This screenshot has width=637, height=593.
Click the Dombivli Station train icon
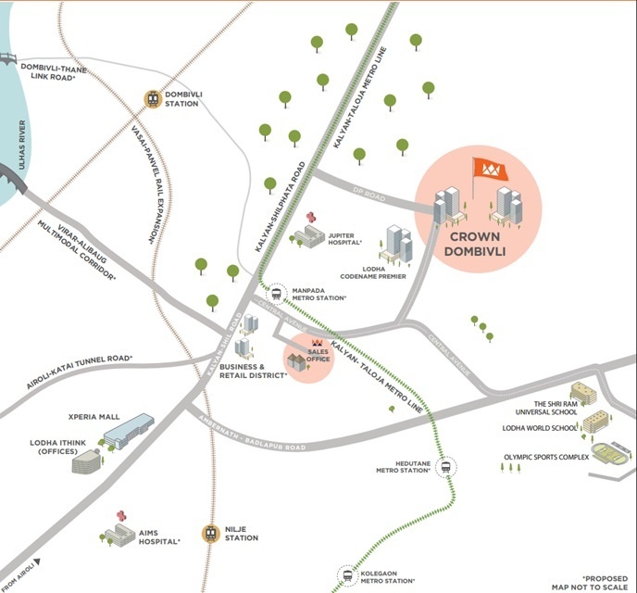tap(151, 97)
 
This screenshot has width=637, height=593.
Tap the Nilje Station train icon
tap(212, 534)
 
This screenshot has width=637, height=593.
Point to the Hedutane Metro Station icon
tap(447, 468)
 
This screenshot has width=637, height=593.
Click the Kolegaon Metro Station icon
tap(347, 575)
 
